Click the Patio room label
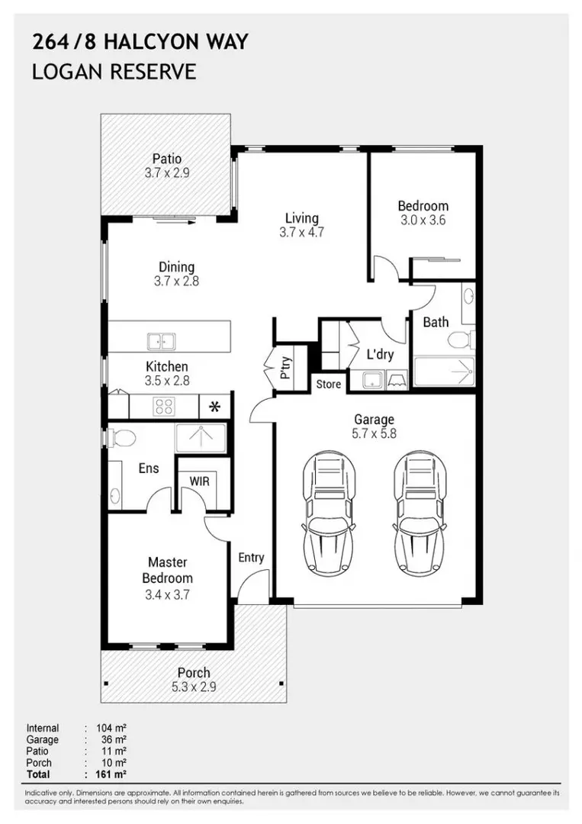[167, 159]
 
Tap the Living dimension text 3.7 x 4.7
[301, 233]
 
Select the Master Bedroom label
[168, 570]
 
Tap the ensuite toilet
[122, 437]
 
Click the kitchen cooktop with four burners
[164, 406]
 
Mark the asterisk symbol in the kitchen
[215, 406]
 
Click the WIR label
[199, 481]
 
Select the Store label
[329, 385]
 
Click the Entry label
[251, 558]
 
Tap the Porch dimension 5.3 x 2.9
[194, 687]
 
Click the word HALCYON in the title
[150, 42]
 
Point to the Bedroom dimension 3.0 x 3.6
[423, 220]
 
